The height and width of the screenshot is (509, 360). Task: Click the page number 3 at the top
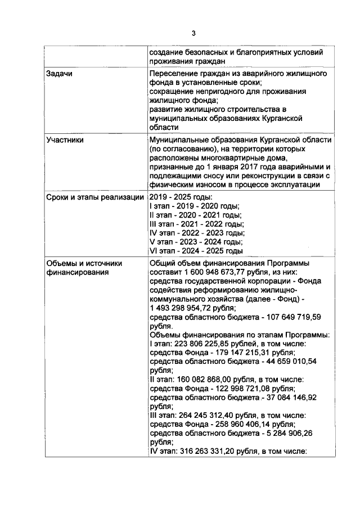tap(193, 33)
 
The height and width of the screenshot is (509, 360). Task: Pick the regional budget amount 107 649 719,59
tap(298, 317)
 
